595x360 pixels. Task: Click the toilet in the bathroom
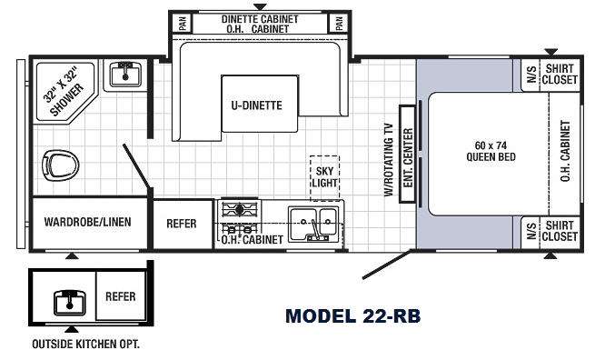(x=60, y=165)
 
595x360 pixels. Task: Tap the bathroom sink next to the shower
(x=125, y=75)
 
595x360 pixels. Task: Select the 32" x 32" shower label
(x=64, y=91)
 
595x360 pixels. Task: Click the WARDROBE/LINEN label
(x=87, y=222)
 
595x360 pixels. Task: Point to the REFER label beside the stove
(x=182, y=224)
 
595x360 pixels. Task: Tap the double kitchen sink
(x=313, y=224)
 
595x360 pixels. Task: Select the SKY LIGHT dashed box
(x=325, y=177)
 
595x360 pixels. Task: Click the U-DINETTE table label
(x=256, y=105)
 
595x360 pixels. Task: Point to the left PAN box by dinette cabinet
(x=183, y=23)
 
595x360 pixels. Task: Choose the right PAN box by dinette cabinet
(x=339, y=23)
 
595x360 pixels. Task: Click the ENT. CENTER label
(x=408, y=157)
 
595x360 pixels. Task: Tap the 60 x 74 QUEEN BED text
(x=491, y=151)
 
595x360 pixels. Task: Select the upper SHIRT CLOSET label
(x=560, y=74)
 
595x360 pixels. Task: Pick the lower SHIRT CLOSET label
(x=560, y=231)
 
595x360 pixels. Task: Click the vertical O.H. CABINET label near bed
(x=565, y=151)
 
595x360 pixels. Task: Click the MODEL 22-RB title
(x=352, y=316)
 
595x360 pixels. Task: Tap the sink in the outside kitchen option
(x=69, y=303)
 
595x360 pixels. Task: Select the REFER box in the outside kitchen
(x=121, y=296)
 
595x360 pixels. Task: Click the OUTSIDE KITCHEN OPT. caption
(x=85, y=344)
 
